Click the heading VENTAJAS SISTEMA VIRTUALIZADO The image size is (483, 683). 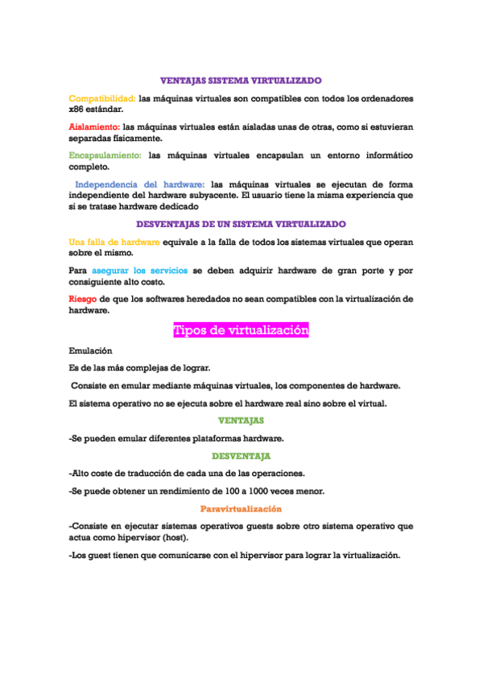pos(241,81)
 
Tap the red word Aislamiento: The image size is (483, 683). pos(94,126)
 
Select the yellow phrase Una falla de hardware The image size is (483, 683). pos(114,241)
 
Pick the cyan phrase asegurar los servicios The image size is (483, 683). pos(139,270)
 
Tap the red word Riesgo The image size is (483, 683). pos(83,298)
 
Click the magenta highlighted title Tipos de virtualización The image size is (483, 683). pos(241,330)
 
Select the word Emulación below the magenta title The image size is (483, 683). pos(91,351)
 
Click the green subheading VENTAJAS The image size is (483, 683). pos(241,420)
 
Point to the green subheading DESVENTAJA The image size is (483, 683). pos(241,456)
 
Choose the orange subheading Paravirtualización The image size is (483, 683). pos(241,508)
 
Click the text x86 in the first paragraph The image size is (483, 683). pos(78,109)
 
